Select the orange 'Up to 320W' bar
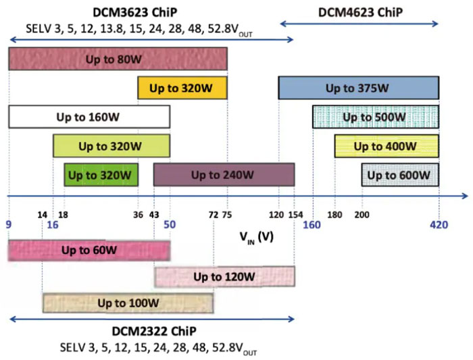point(182,88)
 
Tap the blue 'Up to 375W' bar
point(358,88)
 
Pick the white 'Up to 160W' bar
point(89,117)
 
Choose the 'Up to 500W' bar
point(375,117)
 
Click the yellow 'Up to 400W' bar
point(386,146)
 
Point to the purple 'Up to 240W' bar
point(224,175)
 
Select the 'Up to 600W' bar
point(400,175)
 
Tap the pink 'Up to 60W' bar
point(89,250)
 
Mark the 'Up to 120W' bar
point(224,277)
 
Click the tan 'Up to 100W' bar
point(128,303)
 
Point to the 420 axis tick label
point(439,224)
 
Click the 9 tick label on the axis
point(8,224)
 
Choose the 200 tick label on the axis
point(362,215)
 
